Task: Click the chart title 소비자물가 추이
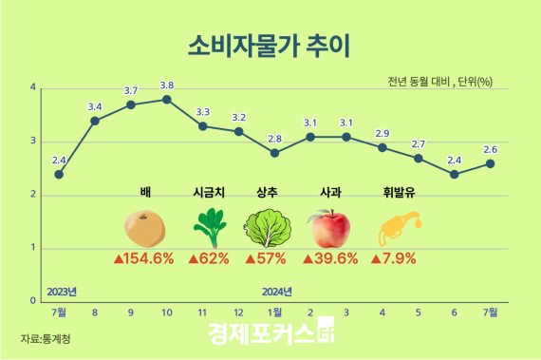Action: click(x=270, y=45)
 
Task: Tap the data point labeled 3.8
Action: click(x=167, y=99)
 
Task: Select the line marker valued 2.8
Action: click(x=274, y=153)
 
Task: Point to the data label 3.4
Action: click(x=95, y=106)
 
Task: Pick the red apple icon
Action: click(x=329, y=229)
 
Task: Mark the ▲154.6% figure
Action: click(x=144, y=258)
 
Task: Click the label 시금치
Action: click(x=209, y=190)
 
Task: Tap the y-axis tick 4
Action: click(x=34, y=87)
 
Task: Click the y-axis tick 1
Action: click(x=34, y=248)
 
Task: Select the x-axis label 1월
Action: click(x=274, y=313)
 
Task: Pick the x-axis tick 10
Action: click(x=167, y=313)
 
